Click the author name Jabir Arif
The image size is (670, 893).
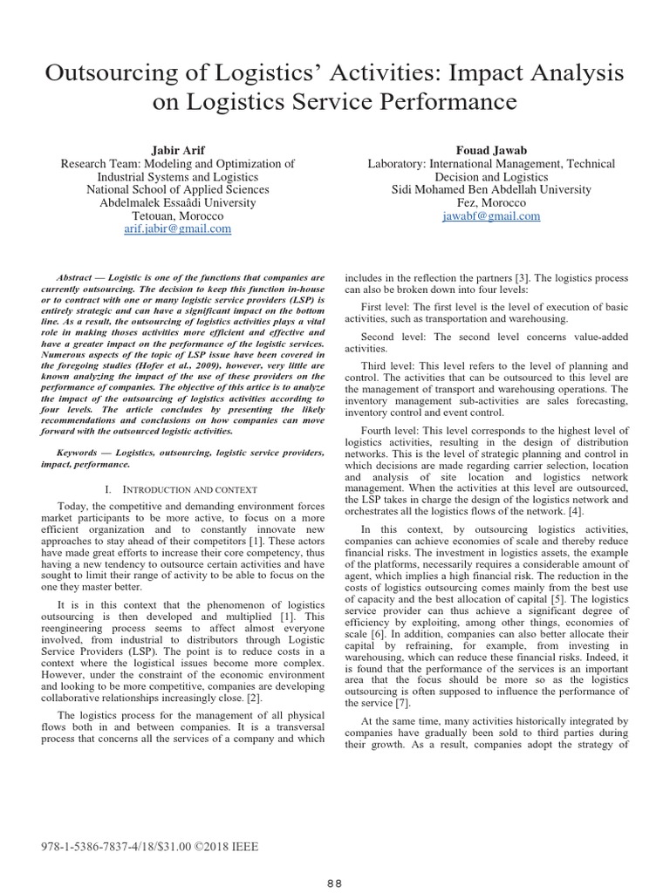coord(177,149)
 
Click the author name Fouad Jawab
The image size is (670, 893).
coord(491,149)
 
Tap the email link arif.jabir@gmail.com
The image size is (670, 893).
coord(177,229)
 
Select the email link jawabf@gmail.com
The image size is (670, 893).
coord(491,215)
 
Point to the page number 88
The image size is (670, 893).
coord(335,882)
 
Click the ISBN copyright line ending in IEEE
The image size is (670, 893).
coord(150,846)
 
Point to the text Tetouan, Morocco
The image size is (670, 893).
coord(177,215)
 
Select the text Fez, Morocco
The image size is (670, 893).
coord(491,202)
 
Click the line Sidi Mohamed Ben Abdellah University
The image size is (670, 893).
coord(491,189)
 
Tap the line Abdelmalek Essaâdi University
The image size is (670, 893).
coord(177,202)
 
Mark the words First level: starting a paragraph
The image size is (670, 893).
coord(390,307)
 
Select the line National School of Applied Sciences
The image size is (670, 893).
coord(177,189)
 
